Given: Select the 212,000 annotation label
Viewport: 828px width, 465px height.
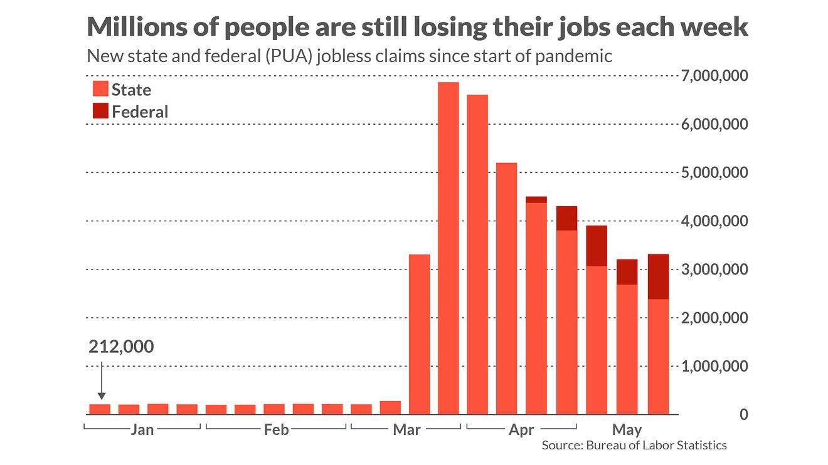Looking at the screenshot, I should click(121, 347).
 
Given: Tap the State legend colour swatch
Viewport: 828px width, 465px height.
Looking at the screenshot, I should click(100, 88).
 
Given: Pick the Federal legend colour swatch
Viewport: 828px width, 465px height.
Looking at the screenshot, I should click(100, 111).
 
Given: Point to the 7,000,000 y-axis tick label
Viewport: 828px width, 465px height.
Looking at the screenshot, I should click(714, 76).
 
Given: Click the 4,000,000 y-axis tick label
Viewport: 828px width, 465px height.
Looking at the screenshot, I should click(714, 222).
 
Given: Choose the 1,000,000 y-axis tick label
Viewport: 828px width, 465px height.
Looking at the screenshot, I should click(714, 367).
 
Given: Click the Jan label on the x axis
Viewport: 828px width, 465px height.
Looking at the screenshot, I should click(142, 430).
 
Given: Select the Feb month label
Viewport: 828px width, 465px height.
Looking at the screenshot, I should click(276, 430).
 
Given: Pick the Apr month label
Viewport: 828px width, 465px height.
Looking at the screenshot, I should click(521, 430).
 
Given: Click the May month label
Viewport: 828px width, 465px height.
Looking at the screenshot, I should click(627, 430).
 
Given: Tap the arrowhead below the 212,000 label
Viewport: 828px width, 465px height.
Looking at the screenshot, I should click(102, 395).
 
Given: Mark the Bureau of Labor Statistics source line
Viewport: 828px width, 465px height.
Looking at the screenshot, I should click(634, 446).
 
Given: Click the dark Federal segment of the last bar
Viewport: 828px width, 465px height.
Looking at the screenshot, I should click(658, 276).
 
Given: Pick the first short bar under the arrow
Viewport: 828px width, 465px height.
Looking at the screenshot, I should click(100, 409).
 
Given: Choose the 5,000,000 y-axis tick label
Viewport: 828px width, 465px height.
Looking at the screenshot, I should click(714, 173).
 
